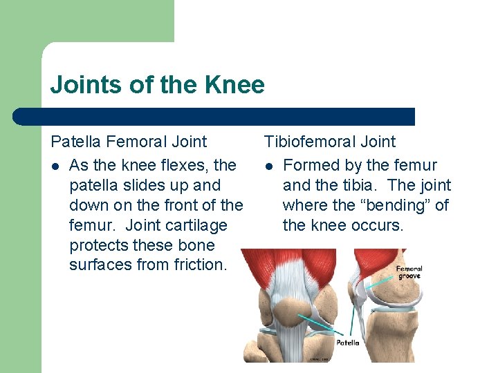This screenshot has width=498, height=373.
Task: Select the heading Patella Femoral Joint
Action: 129,142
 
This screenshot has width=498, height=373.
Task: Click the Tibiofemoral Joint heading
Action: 330,142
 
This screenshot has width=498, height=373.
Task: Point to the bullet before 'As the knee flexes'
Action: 55,166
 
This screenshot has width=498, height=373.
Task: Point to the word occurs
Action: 378,225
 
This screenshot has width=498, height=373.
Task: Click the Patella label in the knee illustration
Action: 347,342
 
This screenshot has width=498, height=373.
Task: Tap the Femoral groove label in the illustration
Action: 409,271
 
